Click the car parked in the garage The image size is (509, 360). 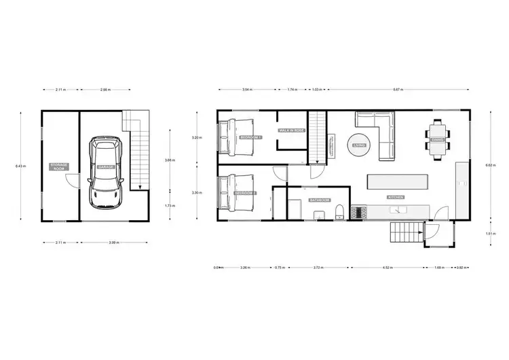point(106,173)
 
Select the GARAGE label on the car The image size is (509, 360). point(106,166)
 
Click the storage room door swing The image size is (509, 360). point(71,181)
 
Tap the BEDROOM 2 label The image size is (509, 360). point(245,193)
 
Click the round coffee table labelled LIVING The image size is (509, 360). point(358,145)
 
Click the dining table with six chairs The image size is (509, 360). point(437,139)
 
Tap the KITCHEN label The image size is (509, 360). point(396,197)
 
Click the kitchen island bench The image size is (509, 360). point(398,182)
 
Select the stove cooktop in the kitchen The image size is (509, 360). point(360,213)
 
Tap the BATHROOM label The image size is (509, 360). point(319,200)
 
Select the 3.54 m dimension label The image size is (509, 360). point(247,90)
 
